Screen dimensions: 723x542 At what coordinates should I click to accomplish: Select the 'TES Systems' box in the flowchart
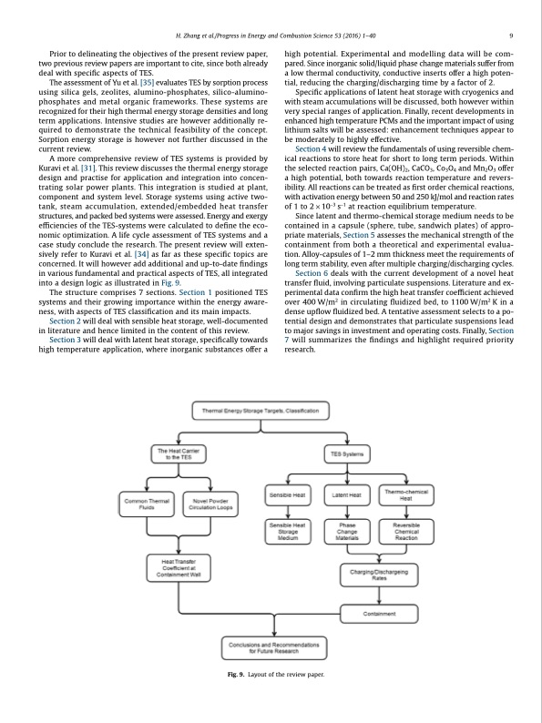[344, 453]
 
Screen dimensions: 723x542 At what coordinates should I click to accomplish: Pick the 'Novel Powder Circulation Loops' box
[210, 502]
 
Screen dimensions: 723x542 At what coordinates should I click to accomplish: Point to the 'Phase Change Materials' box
[347, 532]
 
